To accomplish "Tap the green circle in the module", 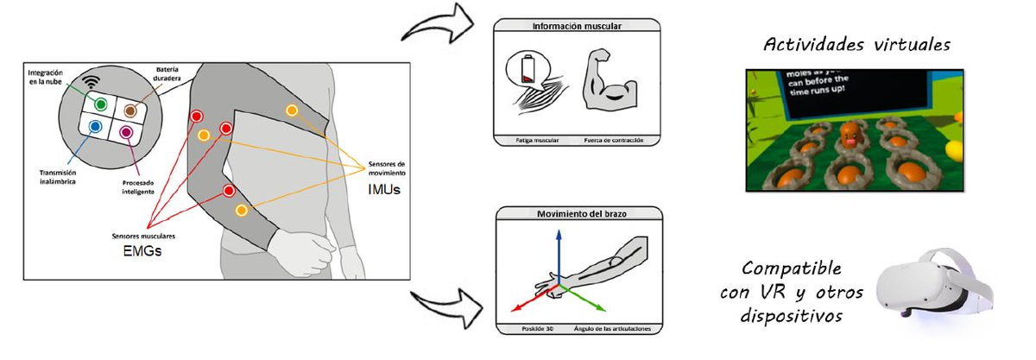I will pos(101,104).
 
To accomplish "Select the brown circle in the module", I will pos(130,110).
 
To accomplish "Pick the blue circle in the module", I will pos(95,126).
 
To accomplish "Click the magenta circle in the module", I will pos(126,131).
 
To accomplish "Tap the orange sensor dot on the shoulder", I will pos(292,111).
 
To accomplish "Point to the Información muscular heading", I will pos(577,26).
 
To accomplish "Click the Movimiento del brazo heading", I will pos(577,212).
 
